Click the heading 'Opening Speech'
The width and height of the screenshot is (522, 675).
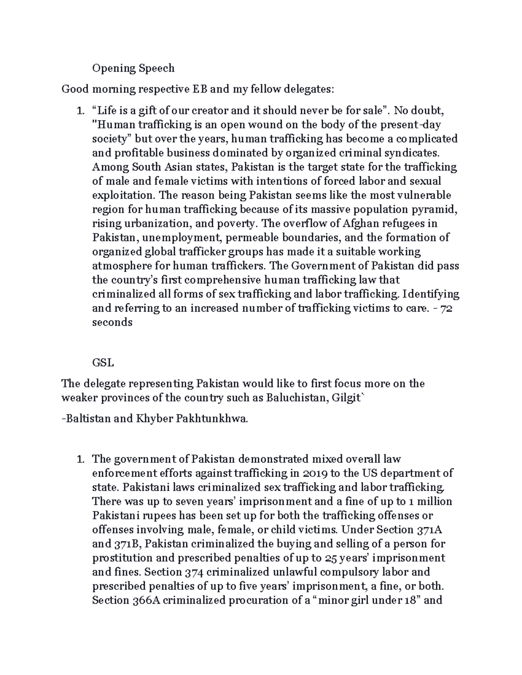(x=133, y=68)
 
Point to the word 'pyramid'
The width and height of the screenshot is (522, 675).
(x=438, y=209)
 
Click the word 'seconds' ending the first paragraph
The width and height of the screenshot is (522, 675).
(x=112, y=323)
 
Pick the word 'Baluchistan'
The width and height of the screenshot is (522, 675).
(x=294, y=398)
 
